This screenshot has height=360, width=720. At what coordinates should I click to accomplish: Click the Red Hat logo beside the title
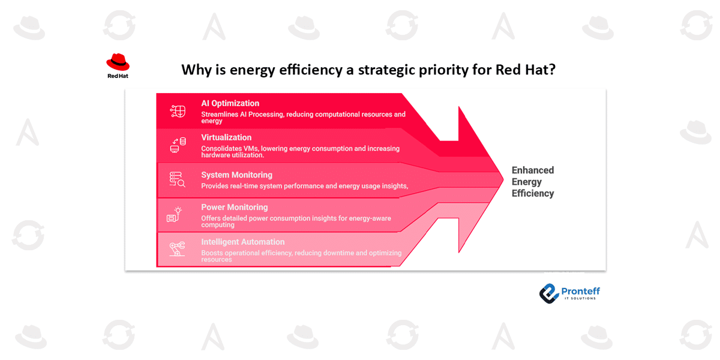118,65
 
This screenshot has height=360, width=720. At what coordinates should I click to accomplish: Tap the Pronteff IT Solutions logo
569,292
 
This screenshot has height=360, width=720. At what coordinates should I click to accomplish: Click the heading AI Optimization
230,103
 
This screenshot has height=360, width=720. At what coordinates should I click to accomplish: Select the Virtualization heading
226,137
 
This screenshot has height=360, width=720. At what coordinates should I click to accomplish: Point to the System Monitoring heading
236,175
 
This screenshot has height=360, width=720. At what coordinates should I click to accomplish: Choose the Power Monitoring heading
234,208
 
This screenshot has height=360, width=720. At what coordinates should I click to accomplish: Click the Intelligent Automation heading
242,242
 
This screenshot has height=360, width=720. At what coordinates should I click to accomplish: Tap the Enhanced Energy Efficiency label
532,182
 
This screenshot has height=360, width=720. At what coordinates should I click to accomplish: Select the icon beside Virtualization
178,145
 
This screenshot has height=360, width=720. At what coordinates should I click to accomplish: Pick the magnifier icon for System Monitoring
178,179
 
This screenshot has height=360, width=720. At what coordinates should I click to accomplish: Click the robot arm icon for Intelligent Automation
177,248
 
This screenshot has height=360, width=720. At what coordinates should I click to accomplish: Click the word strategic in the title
386,70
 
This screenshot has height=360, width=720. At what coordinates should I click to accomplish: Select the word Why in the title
196,70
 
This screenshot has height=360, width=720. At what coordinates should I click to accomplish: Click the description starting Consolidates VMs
300,151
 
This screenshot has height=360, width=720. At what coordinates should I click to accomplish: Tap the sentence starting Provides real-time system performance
305,186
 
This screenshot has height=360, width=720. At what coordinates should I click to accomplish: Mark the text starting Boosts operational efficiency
301,256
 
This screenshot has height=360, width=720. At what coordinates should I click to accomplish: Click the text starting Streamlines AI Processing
303,117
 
